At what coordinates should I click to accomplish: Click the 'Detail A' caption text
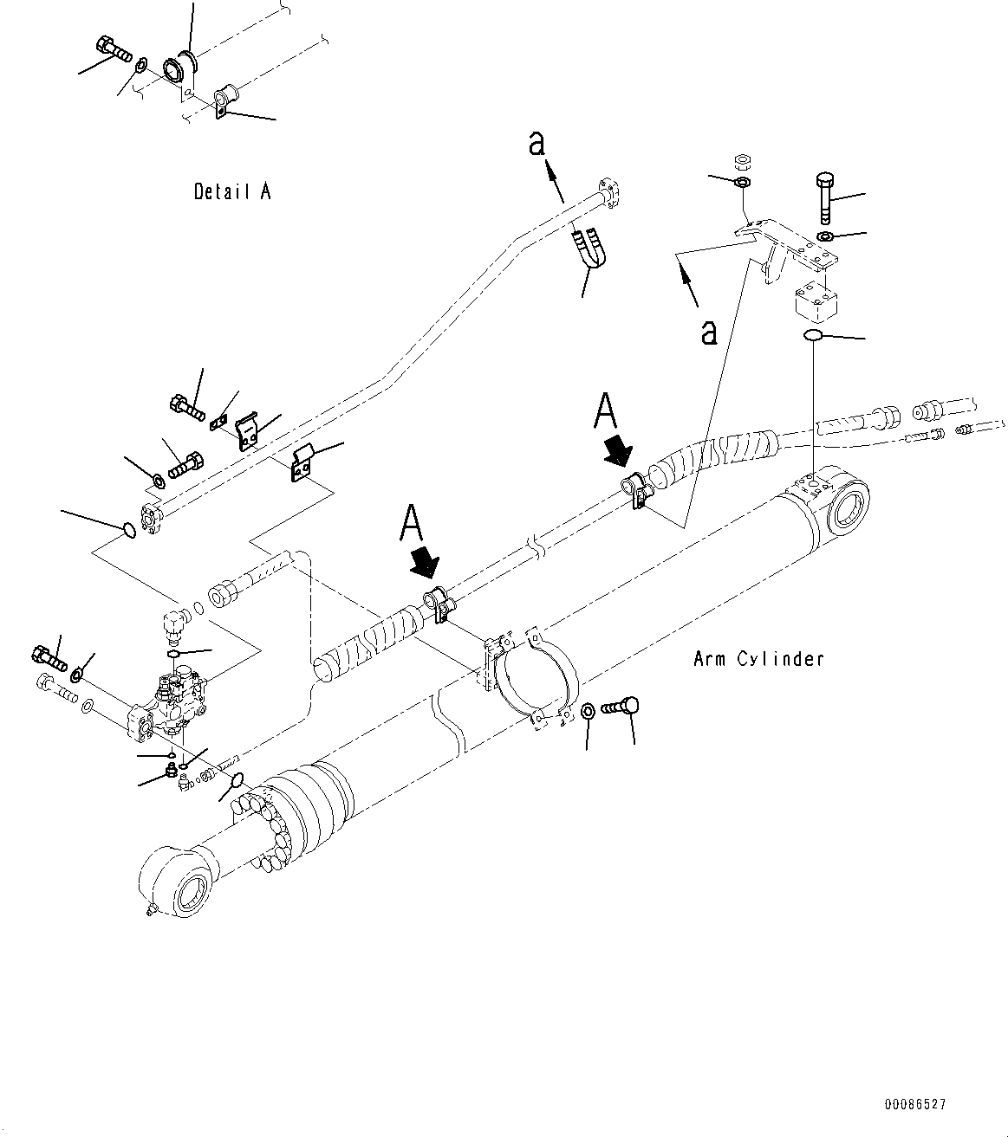click(x=232, y=191)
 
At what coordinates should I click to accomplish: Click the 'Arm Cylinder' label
click(x=758, y=659)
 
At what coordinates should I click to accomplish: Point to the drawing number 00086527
click(x=915, y=1105)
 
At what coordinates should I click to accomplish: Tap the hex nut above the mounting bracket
click(x=742, y=161)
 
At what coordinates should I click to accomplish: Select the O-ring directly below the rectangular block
click(x=814, y=336)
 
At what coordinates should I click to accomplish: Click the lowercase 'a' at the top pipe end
click(x=537, y=145)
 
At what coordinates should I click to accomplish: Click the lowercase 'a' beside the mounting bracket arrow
click(x=709, y=332)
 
